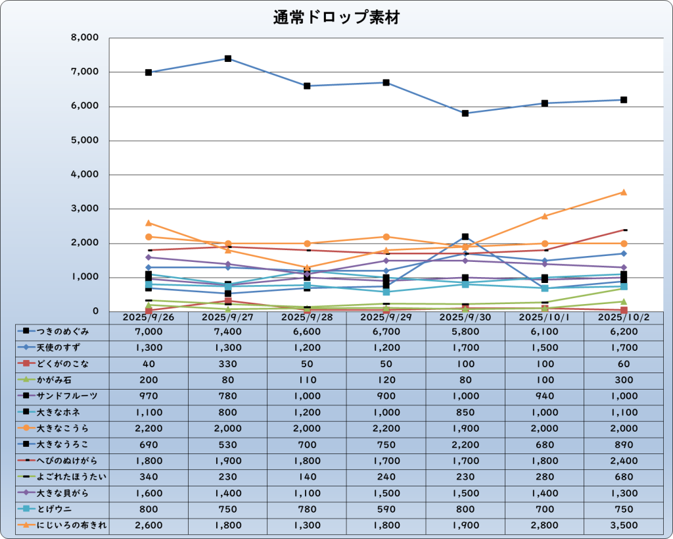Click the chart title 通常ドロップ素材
click(x=336, y=18)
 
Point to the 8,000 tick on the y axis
click(x=84, y=38)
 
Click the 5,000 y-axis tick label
click(x=84, y=141)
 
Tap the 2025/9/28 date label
click(x=306, y=317)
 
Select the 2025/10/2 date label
click(x=623, y=317)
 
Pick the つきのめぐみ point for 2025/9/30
click(x=465, y=113)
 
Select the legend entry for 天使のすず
click(x=62, y=347)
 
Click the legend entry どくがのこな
click(x=62, y=364)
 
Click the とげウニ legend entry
click(x=62, y=509)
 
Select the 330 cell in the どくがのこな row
click(x=227, y=364)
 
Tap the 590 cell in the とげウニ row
click(x=386, y=509)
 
